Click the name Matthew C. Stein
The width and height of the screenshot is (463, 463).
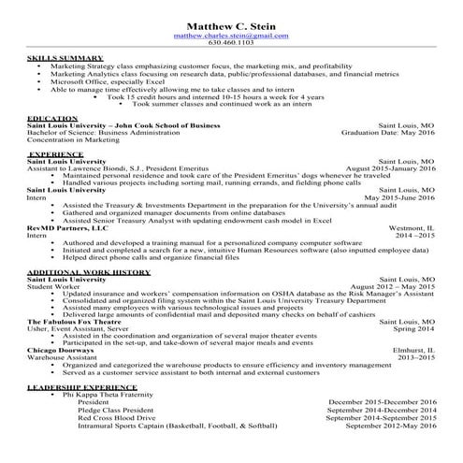231,24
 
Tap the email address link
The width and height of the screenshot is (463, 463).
231,35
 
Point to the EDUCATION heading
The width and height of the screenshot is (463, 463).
52,118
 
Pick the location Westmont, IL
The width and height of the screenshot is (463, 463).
412,226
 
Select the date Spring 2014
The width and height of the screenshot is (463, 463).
414,329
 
